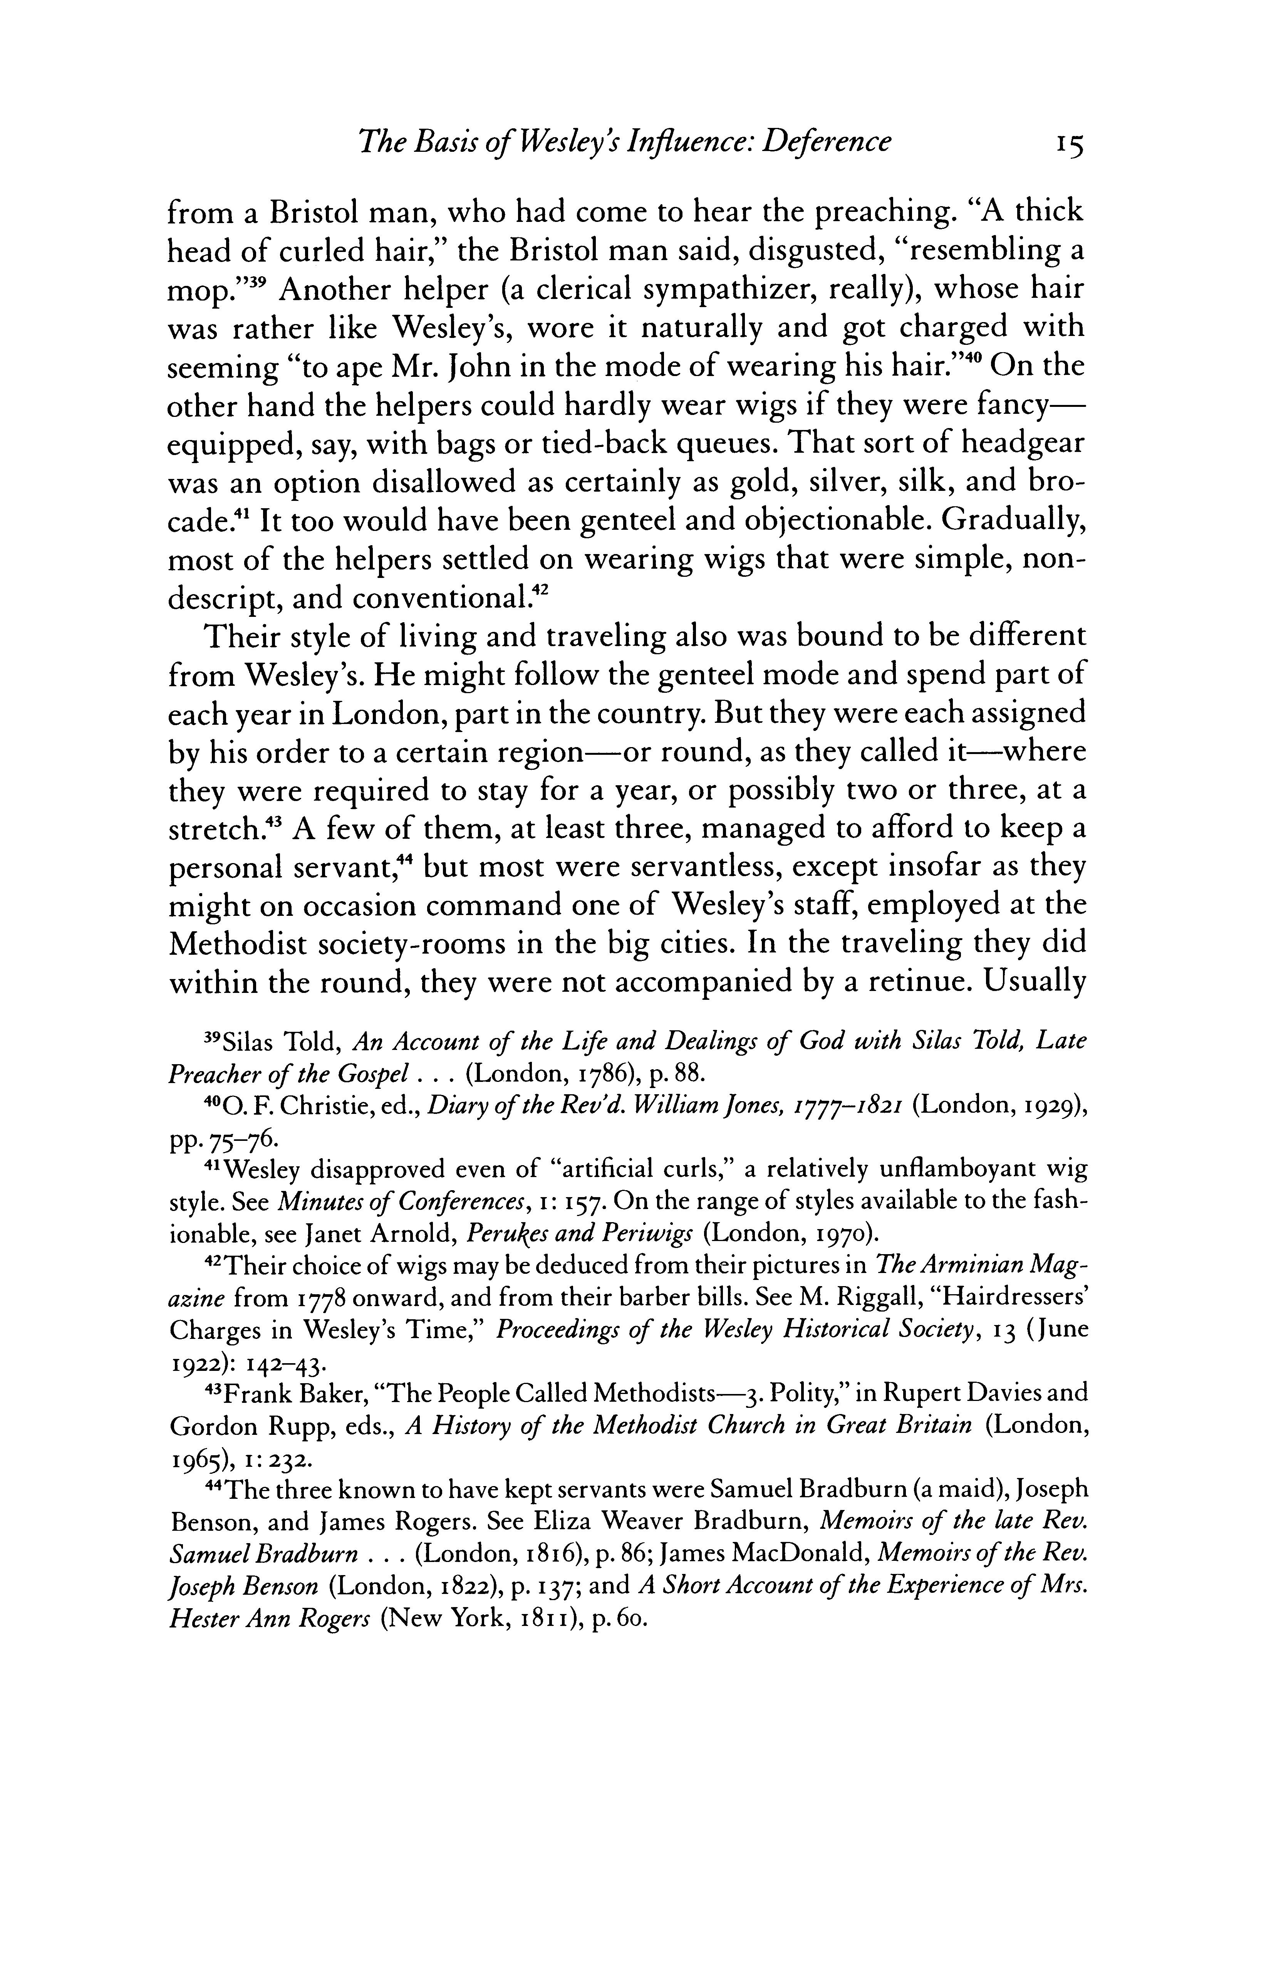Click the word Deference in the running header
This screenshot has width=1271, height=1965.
pyautogui.click(x=826, y=142)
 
